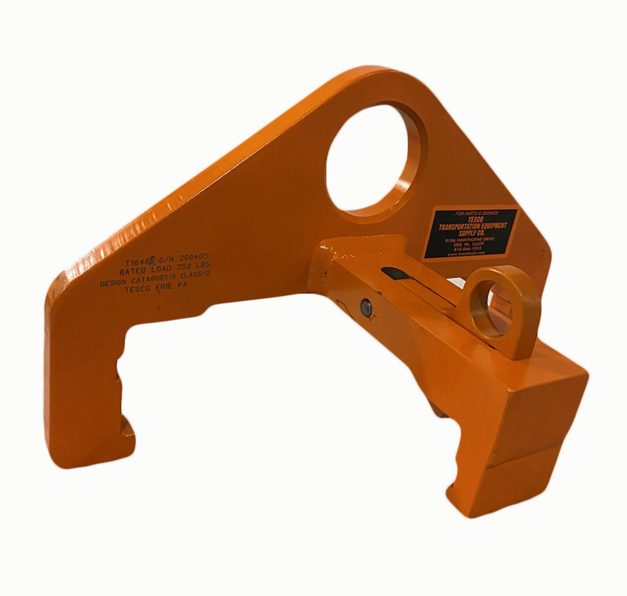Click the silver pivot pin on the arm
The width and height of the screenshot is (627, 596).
pyautogui.click(x=366, y=306)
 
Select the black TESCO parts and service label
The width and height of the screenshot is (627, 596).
pyautogui.click(x=470, y=233)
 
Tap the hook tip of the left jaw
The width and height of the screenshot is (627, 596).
pyautogui.click(x=128, y=427)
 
